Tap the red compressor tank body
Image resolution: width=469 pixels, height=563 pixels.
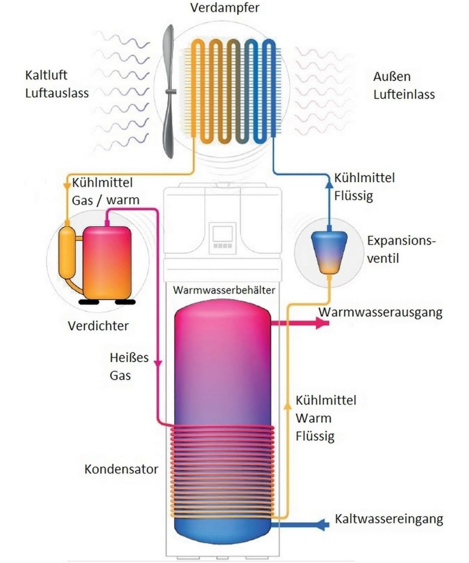pos(107,260)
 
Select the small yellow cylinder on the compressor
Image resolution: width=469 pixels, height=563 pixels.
pos(67,253)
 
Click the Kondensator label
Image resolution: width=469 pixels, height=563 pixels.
pos(121,469)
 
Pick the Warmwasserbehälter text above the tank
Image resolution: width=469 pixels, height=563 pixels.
pos(224,289)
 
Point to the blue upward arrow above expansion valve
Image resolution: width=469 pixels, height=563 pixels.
pos(328,184)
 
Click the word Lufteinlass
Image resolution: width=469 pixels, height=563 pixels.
pos(404,94)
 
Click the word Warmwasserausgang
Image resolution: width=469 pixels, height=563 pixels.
pos(380,312)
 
